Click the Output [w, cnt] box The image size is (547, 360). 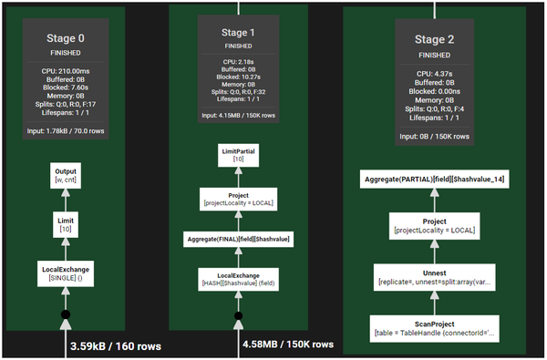(x=65, y=175)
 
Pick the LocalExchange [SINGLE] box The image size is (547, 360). (x=65, y=271)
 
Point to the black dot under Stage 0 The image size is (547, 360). (x=65, y=315)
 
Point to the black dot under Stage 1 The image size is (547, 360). (x=239, y=317)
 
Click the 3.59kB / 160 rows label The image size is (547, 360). (x=117, y=346)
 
